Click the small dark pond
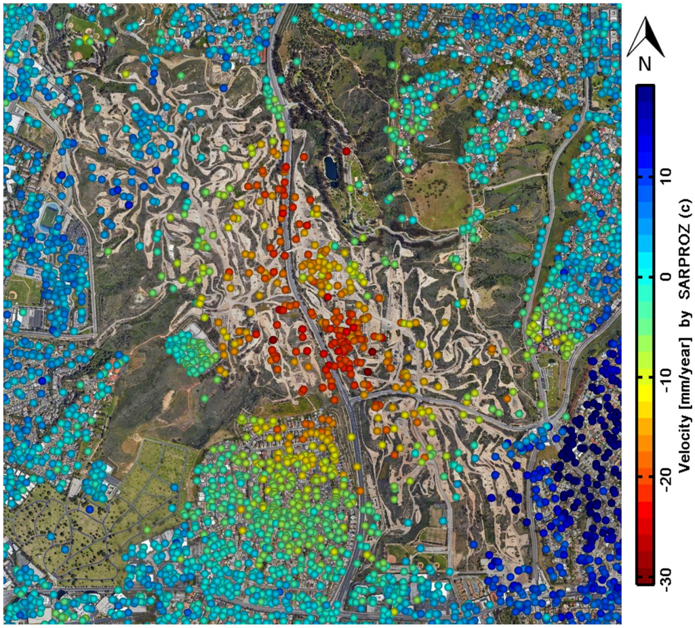[x=331, y=169]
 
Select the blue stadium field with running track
[x=49, y=216]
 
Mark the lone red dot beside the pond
[x=346, y=151]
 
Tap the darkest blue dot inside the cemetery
[x=89, y=509]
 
